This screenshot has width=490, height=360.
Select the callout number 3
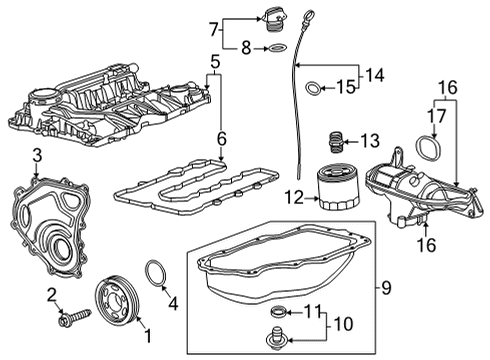coord(36,154)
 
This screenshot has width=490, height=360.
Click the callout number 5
coord(213,63)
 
